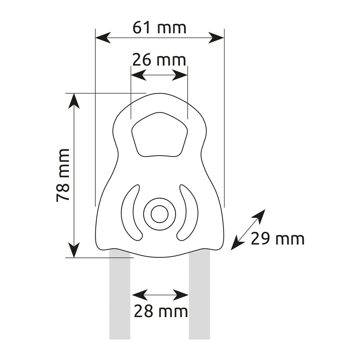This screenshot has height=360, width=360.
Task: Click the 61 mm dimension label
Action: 159,28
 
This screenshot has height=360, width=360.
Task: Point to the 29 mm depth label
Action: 278,239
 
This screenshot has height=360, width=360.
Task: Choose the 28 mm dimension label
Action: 161,312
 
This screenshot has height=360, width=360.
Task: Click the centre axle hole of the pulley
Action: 159,214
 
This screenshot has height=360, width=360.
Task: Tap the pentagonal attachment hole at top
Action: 159,135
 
